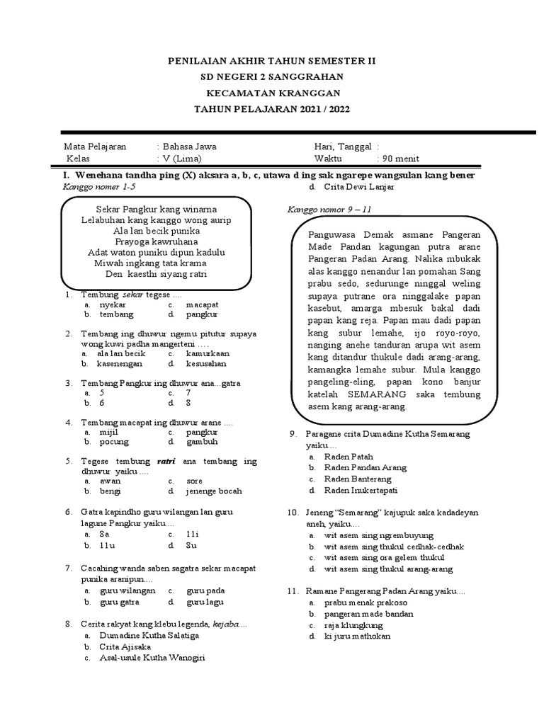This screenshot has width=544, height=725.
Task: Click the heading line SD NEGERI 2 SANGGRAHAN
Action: tap(272, 77)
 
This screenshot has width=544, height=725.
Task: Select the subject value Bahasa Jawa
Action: tap(189, 147)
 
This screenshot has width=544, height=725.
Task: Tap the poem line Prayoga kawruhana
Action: tap(156, 241)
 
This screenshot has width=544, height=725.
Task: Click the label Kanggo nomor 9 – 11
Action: tap(329, 210)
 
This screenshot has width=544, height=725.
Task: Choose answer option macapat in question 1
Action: tap(203, 304)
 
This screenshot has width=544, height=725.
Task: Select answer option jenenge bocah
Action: tap(214, 491)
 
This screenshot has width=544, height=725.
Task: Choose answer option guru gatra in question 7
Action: tap(120, 602)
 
